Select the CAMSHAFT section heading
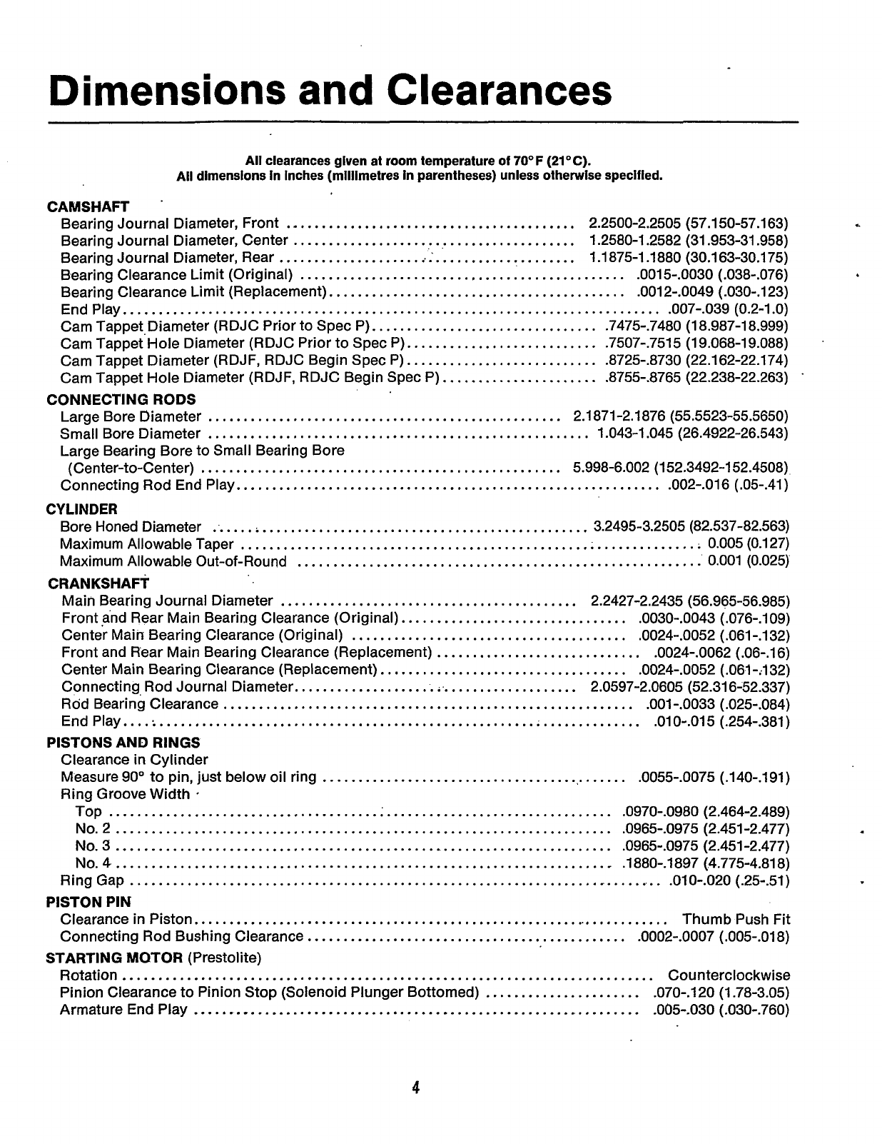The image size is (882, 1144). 88,207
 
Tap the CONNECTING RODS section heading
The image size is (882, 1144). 121,399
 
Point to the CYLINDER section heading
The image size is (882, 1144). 82,509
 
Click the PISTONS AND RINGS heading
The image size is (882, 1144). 123,743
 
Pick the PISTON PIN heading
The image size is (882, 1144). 88,902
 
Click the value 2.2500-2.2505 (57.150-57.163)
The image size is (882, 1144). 689,224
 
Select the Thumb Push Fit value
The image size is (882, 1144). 736,919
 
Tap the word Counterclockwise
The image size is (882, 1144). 729,975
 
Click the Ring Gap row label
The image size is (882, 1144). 93,880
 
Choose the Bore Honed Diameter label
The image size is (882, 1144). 131,527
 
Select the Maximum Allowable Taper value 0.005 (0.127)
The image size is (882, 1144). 748,544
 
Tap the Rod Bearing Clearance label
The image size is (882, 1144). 140,704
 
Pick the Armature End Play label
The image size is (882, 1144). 124,1009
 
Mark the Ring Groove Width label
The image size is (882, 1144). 126,794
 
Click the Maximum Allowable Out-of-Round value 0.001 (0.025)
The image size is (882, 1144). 748,561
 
